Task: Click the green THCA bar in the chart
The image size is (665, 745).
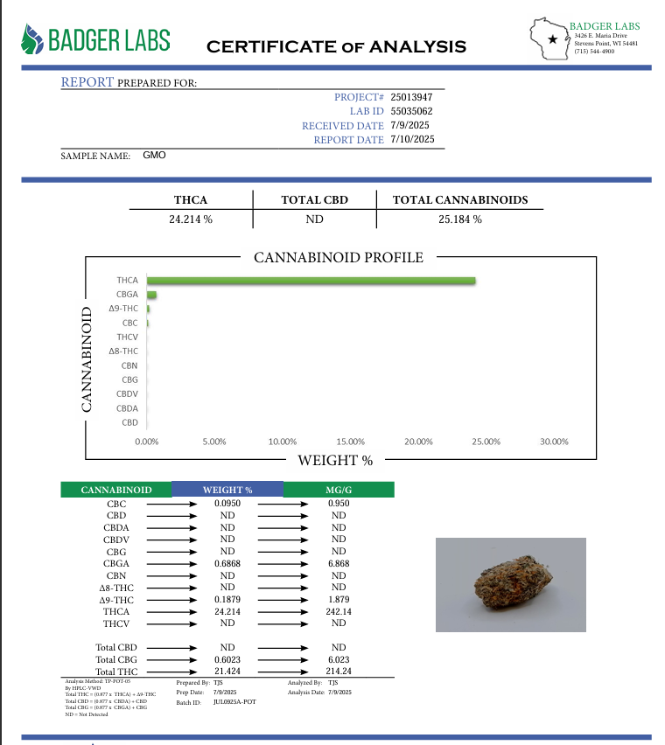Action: pos(311,281)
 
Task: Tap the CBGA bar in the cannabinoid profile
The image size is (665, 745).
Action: pos(151,295)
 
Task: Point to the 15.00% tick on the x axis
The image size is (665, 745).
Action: pos(350,442)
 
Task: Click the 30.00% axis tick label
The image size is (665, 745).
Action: pos(554,442)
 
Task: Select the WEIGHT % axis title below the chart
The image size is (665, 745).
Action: pos(336,460)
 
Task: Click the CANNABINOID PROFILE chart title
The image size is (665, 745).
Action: pos(338,258)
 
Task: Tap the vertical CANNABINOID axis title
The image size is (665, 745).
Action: pos(87,359)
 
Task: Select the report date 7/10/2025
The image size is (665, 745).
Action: pos(412,139)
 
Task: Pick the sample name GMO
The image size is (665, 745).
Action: pos(154,155)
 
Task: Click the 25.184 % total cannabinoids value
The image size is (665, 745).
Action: pos(460,219)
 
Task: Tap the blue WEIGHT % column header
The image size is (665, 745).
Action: pos(227,490)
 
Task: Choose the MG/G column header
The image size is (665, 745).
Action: pos(339,490)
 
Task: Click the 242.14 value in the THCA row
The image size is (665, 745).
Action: pos(339,611)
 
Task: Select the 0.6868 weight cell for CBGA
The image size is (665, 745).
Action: pos(227,565)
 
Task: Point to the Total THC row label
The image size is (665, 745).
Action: pos(116,671)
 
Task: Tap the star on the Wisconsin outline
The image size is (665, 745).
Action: pos(551,39)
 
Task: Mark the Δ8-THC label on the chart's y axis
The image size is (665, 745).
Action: pos(123,351)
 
